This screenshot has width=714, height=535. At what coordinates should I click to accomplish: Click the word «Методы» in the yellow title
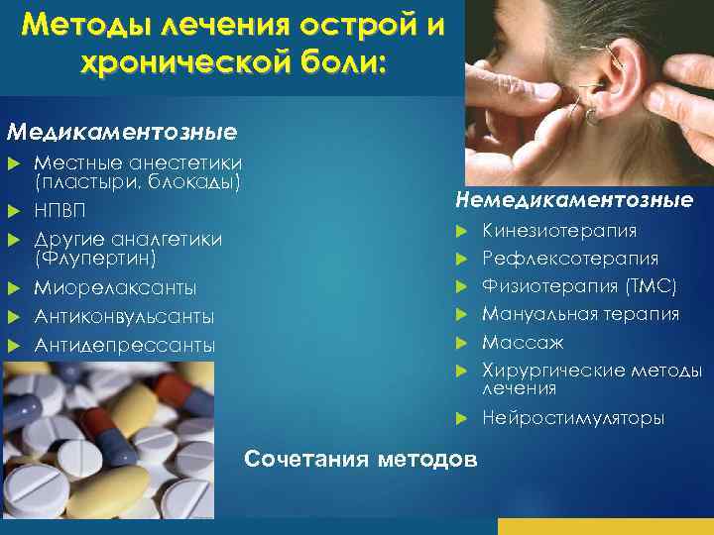(x=87, y=24)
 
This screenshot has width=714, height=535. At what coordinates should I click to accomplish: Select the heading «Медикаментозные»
(x=122, y=133)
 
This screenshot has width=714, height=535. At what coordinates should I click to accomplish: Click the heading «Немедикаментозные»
(x=574, y=200)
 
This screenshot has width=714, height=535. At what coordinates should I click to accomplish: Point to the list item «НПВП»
(x=59, y=211)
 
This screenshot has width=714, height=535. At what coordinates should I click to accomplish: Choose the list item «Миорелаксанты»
(x=115, y=288)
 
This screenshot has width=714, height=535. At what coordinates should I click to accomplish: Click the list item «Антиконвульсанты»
(x=124, y=317)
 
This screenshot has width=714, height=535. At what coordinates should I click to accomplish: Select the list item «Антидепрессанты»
(x=124, y=346)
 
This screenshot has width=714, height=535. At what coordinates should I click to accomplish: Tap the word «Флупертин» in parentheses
(x=95, y=259)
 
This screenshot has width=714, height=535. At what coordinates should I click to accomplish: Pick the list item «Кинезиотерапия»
(x=559, y=231)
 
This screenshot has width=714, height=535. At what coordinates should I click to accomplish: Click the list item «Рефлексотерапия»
(x=570, y=259)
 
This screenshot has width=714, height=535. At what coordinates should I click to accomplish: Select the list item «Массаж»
(x=523, y=342)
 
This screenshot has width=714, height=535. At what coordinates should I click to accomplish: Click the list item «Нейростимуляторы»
(x=573, y=418)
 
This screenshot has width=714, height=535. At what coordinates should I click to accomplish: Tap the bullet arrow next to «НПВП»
(x=14, y=211)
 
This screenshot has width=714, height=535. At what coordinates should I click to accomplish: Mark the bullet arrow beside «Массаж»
(x=461, y=343)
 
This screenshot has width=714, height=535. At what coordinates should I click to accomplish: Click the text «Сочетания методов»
(x=361, y=459)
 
